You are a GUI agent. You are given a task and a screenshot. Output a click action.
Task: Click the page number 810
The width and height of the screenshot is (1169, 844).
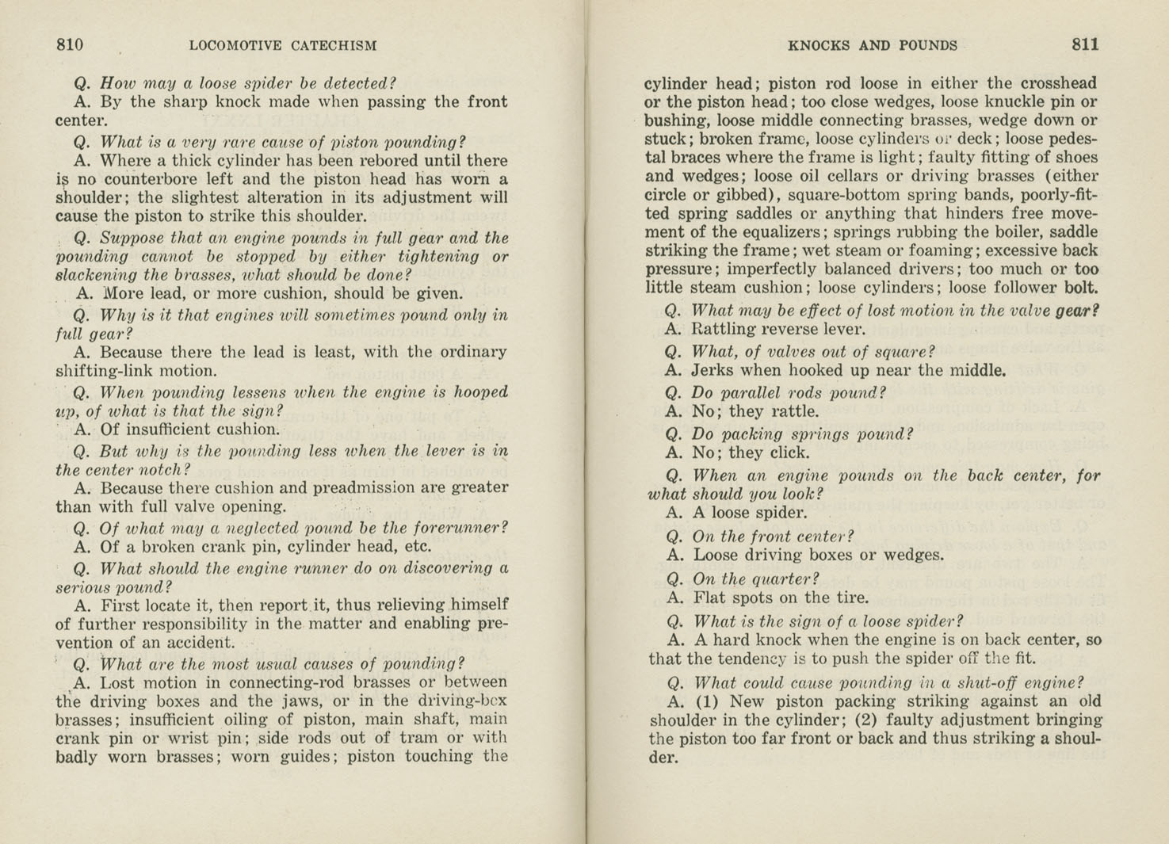pyautogui.click(x=70, y=45)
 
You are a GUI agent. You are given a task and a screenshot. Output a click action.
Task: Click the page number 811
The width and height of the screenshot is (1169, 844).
pyautogui.click(x=1085, y=45)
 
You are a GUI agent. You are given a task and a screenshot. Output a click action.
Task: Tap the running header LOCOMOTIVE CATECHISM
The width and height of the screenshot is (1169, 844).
pyautogui.click(x=283, y=46)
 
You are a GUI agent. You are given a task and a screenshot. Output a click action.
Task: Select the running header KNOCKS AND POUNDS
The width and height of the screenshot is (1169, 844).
pyautogui.click(x=873, y=46)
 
